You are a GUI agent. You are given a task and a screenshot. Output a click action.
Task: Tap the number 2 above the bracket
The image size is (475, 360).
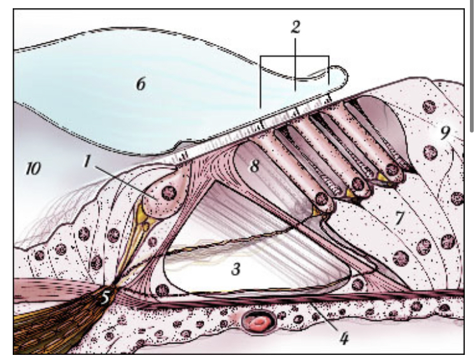coord(294,26)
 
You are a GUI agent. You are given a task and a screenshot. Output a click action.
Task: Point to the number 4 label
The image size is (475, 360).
coord(343,338)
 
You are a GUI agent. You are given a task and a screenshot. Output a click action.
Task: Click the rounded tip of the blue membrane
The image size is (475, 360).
coord(344,78)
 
